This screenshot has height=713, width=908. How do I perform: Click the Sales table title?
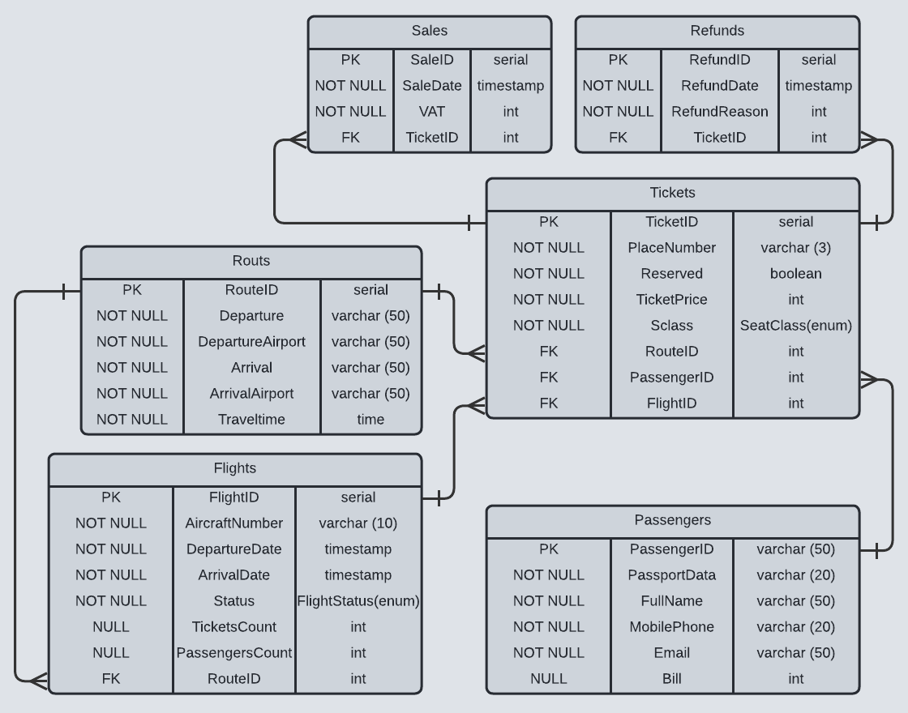tap(429, 31)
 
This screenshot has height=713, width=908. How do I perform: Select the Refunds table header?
tap(717, 31)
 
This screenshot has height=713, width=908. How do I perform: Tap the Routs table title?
tap(251, 261)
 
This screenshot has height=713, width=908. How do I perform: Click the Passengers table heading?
tap(672, 520)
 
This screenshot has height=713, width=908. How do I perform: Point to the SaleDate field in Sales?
tap(431, 86)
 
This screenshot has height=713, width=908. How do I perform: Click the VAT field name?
tap(431, 112)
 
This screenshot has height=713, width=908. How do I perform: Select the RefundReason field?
tap(719, 112)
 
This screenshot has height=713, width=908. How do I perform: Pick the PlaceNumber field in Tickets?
tap(671, 248)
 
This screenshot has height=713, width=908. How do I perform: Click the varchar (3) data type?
tap(795, 248)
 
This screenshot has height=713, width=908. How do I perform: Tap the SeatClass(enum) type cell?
tap(795, 326)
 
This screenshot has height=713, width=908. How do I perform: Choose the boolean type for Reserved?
tap(795, 274)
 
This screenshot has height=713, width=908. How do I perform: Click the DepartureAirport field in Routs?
tap(251, 342)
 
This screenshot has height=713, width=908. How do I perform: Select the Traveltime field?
tap(251, 420)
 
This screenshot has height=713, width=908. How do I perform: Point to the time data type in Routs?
tap(370, 420)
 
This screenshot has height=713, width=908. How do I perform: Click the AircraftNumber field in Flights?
tap(233, 523)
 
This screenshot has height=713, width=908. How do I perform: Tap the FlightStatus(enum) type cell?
tap(358, 601)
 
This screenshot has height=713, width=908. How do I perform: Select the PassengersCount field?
tap(233, 653)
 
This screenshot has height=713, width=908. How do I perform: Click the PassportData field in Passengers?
tap(671, 575)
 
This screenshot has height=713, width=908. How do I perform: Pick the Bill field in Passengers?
tap(671, 679)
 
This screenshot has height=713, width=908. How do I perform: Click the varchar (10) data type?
tap(358, 523)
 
